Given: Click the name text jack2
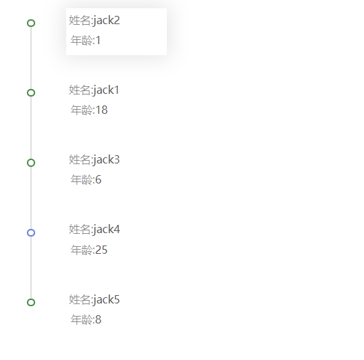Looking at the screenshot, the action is point(107,21).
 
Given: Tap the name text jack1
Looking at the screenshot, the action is point(106,90).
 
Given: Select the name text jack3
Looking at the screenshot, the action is point(107,160).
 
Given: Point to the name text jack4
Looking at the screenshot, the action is point(107,230).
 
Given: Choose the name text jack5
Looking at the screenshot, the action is point(107,299).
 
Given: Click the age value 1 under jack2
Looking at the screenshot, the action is point(98,41).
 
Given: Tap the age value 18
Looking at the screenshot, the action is point(101,110).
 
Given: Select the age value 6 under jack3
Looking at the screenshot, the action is point(98,179).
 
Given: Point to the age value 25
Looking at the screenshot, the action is point(101,250).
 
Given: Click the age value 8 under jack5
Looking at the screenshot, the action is point(98,319).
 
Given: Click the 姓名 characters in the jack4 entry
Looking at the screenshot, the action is point(80,229).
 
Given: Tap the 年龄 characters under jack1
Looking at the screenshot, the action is point(81,110).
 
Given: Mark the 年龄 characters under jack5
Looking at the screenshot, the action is point(81,319).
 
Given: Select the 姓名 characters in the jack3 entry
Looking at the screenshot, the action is point(80,159).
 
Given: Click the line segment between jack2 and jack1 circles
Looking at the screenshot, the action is point(31,58).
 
